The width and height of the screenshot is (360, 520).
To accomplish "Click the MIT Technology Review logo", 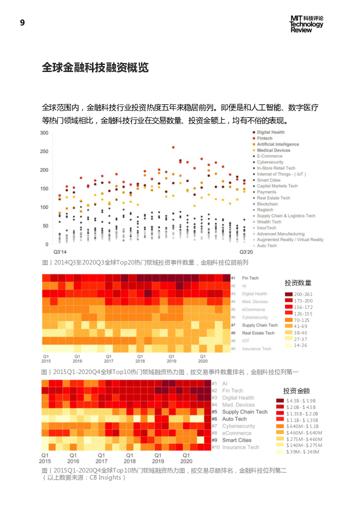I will tap(306, 24).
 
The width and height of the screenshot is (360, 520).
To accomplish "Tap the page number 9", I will tap(22, 22).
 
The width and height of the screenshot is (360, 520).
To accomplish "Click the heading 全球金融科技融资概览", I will tap(95, 68).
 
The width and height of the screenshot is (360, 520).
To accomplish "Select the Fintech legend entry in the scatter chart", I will tap(264, 138).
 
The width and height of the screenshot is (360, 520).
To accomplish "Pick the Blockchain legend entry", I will tap(267, 204).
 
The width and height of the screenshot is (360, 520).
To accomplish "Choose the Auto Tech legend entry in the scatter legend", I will tap(266, 245).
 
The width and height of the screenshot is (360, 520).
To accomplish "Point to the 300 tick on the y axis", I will tap(44, 133).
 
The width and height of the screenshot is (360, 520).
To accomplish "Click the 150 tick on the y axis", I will tap(44, 188).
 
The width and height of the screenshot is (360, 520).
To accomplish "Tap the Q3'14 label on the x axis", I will tap(59, 252).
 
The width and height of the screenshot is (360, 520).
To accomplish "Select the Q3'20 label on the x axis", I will tap(245, 252).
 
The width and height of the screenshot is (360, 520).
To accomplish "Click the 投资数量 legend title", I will tap(298, 283).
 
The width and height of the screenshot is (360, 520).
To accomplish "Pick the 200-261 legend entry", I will tap(303, 294).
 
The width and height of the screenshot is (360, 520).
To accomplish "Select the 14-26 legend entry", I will tap(300, 345).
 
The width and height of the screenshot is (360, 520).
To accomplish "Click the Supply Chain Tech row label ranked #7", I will tap(259, 325).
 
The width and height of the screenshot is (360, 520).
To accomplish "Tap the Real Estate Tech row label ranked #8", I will tap(258, 333).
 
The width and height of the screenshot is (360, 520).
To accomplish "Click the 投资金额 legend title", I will tap(296, 390).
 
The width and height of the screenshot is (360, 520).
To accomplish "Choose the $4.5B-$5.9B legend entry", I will tap(301, 401).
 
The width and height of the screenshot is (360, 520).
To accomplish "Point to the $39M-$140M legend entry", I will tap(302, 452).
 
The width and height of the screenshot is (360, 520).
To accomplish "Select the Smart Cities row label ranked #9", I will tap(236, 440).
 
